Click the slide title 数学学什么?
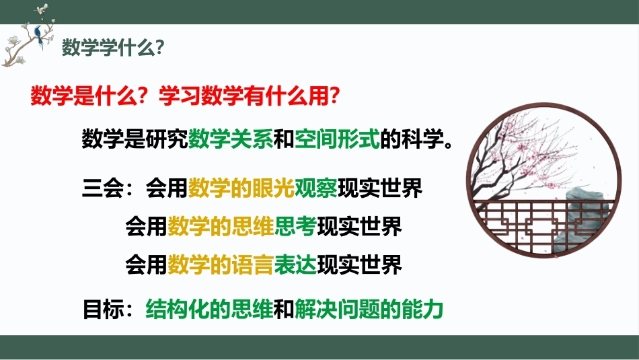coord(113,48)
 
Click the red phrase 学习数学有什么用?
coord(249,96)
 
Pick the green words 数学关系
coord(231,139)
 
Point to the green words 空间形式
coord(337,139)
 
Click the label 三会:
coord(108,188)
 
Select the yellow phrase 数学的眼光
coord(241,188)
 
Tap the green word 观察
coord(316,188)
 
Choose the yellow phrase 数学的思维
coord(221,226)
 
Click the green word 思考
coord(295,226)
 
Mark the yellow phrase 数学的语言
coord(221,264)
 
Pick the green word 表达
coord(295,264)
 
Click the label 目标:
coord(108,310)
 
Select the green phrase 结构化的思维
coord(209,310)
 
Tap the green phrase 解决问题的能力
coord(369,310)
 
